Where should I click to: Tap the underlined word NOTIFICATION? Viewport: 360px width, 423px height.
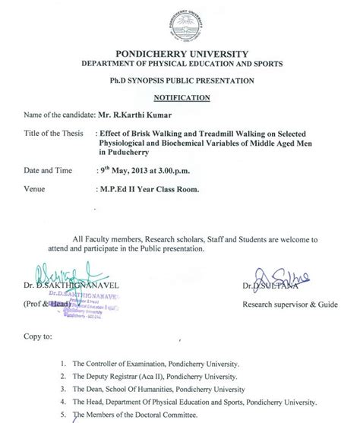[179, 98]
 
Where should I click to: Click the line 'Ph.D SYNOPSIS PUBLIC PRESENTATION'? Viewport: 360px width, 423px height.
[179, 80]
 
